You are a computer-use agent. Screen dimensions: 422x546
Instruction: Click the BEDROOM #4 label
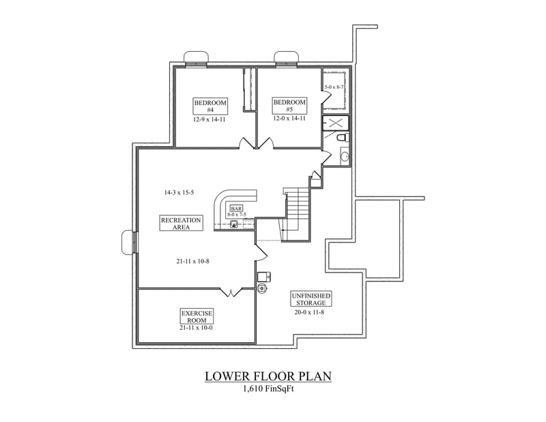click(x=210, y=106)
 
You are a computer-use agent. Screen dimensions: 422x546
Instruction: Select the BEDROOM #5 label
click(x=289, y=106)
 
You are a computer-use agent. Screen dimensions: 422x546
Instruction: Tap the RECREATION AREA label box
click(x=181, y=223)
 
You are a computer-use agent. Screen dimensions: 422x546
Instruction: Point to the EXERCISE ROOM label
click(x=197, y=315)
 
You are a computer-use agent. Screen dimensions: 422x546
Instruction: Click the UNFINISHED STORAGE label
click(x=311, y=298)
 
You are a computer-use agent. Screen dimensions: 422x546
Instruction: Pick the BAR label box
click(x=237, y=208)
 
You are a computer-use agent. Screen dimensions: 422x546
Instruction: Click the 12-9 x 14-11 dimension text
click(x=210, y=119)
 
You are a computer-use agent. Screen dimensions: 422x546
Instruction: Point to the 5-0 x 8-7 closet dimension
click(x=334, y=87)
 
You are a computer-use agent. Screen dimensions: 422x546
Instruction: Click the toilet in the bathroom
click(x=343, y=138)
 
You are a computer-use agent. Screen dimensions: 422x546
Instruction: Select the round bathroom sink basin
click(x=344, y=156)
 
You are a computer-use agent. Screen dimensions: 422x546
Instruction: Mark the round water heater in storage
click(x=263, y=289)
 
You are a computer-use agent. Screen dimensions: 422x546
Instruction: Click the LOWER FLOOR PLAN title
click(x=268, y=377)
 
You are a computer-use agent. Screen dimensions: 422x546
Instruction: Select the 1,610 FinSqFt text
click(x=268, y=390)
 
